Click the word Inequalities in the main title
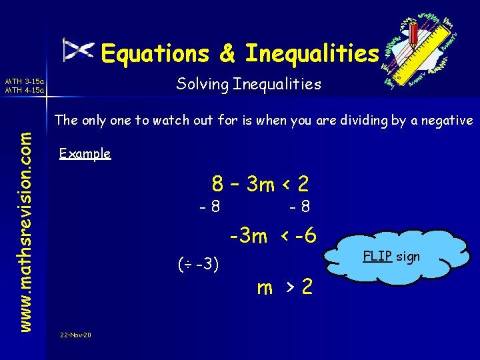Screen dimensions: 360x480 pyautogui.click(x=311, y=53)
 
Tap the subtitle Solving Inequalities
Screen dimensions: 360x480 pyautogui.click(x=249, y=84)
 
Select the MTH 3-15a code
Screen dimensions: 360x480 pyautogui.click(x=24, y=82)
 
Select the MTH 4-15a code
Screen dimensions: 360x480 pyautogui.click(x=24, y=90)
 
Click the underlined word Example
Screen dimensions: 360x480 pyautogui.click(x=85, y=154)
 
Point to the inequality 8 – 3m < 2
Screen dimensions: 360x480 pyautogui.click(x=259, y=183)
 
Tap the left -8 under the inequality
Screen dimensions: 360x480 pyautogui.click(x=211, y=207)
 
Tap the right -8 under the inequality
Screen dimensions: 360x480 pyautogui.click(x=299, y=207)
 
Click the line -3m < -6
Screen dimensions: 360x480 pyautogui.click(x=273, y=236)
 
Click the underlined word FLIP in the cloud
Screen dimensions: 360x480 pyautogui.click(x=376, y=255)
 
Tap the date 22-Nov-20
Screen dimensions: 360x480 pyautogui.click(x=75, y=334)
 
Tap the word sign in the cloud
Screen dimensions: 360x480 pyautogui.click(x=407, y=256)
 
